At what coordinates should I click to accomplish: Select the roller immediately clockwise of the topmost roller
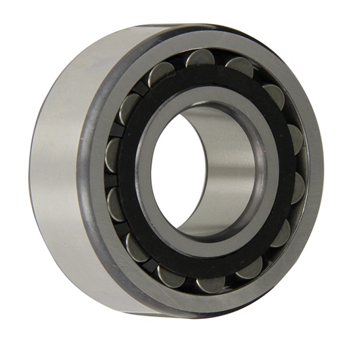tap(241, 66)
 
